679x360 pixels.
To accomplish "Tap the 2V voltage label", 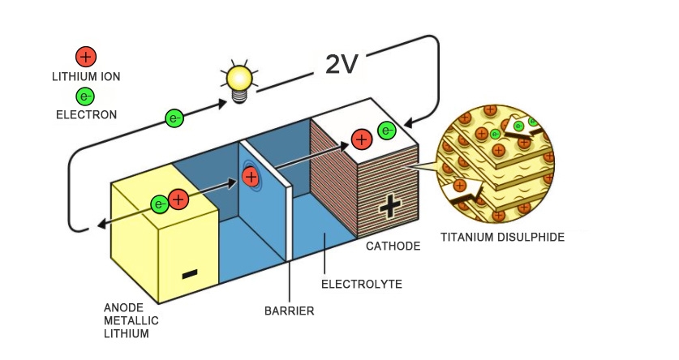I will [x=342, y=64].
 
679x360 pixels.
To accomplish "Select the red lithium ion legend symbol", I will [x=86, y=56].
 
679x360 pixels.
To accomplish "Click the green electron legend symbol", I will [x=86, y=96].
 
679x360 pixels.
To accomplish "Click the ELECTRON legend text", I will [x=86, y=115].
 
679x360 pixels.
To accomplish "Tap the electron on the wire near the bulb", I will [x=174, y=118].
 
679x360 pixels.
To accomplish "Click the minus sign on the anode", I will [x=189, y=274].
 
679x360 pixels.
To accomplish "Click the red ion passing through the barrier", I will [x=251, y=175].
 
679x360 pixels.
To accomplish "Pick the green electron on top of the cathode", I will [x=387, y=130].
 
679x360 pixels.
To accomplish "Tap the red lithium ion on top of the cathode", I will [x=362, y=139].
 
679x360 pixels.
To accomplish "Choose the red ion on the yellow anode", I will [x=178, y=199].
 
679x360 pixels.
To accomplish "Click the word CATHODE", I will [x=393, y=246].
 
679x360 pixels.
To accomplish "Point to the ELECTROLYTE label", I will [x=362, y=284].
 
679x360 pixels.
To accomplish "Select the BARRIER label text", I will [x=289, y=310].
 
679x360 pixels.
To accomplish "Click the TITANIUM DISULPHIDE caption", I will [x=502, y=238].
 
